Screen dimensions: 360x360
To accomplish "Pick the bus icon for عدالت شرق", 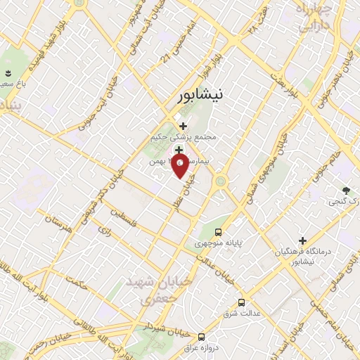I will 242,302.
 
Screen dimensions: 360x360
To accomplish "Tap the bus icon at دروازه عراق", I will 202,337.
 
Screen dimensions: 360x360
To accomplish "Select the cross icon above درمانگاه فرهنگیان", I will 302,240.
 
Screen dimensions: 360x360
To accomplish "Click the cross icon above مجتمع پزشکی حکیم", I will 184,126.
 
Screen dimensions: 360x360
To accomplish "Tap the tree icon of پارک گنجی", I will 345,190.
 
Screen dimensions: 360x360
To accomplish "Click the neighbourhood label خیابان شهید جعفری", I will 148,290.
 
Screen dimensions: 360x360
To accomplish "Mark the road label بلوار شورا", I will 224,61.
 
